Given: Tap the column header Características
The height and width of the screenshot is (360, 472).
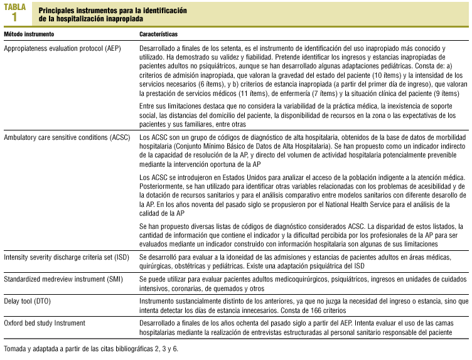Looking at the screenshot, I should [158, 34].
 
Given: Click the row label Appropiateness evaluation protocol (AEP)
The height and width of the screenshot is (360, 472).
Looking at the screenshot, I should [62, 48].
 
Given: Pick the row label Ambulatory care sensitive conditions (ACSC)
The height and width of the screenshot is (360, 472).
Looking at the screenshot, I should [67, 136].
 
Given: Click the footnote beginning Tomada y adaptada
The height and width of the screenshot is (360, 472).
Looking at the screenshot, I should [90, 348].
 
